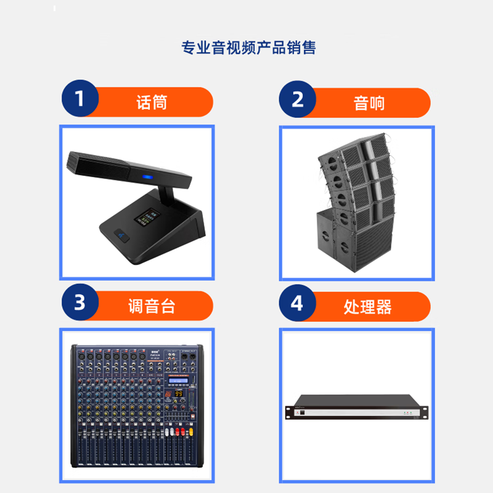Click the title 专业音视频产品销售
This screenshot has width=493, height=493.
click(248, 48)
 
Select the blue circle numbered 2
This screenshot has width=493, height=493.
click(297, 100)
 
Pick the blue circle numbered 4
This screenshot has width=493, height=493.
click(297, 304)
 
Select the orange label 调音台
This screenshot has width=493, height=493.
click(152, 306)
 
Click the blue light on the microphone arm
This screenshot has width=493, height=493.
click(147, 179)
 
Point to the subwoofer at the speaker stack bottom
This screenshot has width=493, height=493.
click(354, 240)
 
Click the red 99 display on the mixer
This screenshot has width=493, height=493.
click(178, 393)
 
